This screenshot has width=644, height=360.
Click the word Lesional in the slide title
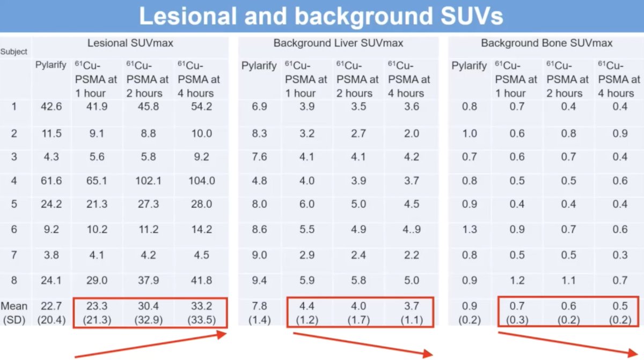click(x=188, y=16)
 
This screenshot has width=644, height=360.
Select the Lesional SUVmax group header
click(x=130, y=43)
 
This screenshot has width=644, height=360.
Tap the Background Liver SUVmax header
click(x=338, y=43)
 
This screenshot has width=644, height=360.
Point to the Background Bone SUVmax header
click(x=546, y=43)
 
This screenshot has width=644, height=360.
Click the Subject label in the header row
click(x=13, y=52)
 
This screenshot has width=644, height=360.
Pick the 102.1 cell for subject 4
click(x=148, y=181)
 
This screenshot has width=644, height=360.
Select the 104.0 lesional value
click(x=202, y=181)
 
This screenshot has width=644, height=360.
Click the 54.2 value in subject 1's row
click(x=202, y=107)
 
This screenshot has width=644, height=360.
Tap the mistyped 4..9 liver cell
click(x=412, y=229)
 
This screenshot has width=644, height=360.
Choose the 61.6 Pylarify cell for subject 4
click(x=51, y=181)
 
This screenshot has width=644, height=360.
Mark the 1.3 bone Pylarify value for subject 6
click(x=470, y=229)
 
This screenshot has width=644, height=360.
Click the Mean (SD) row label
click(x=14, y=313)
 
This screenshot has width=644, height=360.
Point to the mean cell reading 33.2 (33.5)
click(x=202, y=313)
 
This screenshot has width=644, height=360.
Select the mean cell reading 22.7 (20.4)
click(x=51, y=313)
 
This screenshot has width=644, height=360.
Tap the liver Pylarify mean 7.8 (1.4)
click(x=259, y=313)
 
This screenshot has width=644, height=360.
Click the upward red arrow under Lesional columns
click(x=151, y=345)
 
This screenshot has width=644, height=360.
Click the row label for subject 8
click(x=14, y=280)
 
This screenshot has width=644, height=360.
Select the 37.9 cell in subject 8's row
click(x=148, y=280)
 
